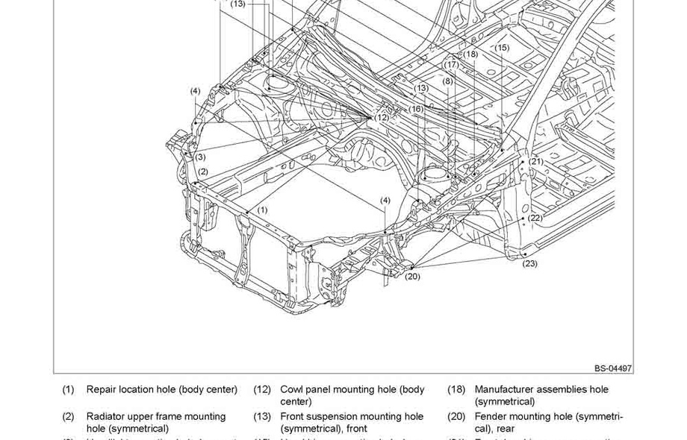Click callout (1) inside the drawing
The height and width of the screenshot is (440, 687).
pyautogui.click(x=262, y=210)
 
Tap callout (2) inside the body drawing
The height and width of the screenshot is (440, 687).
pyautogui.click(x=203, y=172)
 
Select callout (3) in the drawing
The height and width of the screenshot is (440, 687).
pyautogui.click(x=200, y=157)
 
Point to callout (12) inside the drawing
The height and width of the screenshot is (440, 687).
pyautogui.click(x=382, y=117)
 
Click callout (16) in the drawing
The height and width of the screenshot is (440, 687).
pyautogui.click(x=416, y=109)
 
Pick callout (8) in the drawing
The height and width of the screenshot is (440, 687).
pyautogui.click(x=447, y=81)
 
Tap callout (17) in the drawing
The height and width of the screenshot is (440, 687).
pyautogui.click(x=452, y=65)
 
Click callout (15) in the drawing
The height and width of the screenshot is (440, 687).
pyautogui.click(x=502, y=48)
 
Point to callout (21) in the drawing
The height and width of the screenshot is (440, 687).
pyautogui.click(x=536, y=161)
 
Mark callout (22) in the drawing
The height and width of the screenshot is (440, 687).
pyautogui.click(x=535, y=218)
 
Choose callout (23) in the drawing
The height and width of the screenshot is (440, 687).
pyautogui.click(x=529, y=263)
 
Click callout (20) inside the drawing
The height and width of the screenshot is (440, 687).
pyautogui.click(x=412, y=277)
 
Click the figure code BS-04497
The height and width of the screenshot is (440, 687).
pyautogui.click(x=613, y=368)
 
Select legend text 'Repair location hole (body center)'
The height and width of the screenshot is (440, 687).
pyautogui.click(x=161, y=389)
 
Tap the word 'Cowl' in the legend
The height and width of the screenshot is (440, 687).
pyautogui.click(x=292, y=389)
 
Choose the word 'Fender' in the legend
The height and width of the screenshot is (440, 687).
pyautogui.click(x=491, y=416)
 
